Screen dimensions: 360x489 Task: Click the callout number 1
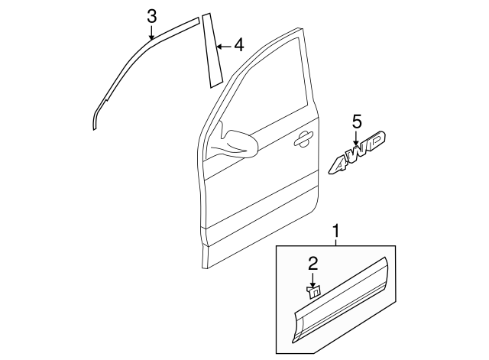(334, 229)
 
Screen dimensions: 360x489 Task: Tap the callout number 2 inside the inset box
(313, 264)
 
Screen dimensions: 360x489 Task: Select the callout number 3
(152, 15)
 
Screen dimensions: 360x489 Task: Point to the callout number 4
(238, 46)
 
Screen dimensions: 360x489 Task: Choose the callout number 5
(356, 120)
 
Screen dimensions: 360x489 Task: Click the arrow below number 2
(313, 278)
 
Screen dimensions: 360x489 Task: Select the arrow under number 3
(152, 31)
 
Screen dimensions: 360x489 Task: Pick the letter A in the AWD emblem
(342, 161)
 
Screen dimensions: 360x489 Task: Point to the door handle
(303, 138)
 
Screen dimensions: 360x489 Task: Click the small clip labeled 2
(313, 290)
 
